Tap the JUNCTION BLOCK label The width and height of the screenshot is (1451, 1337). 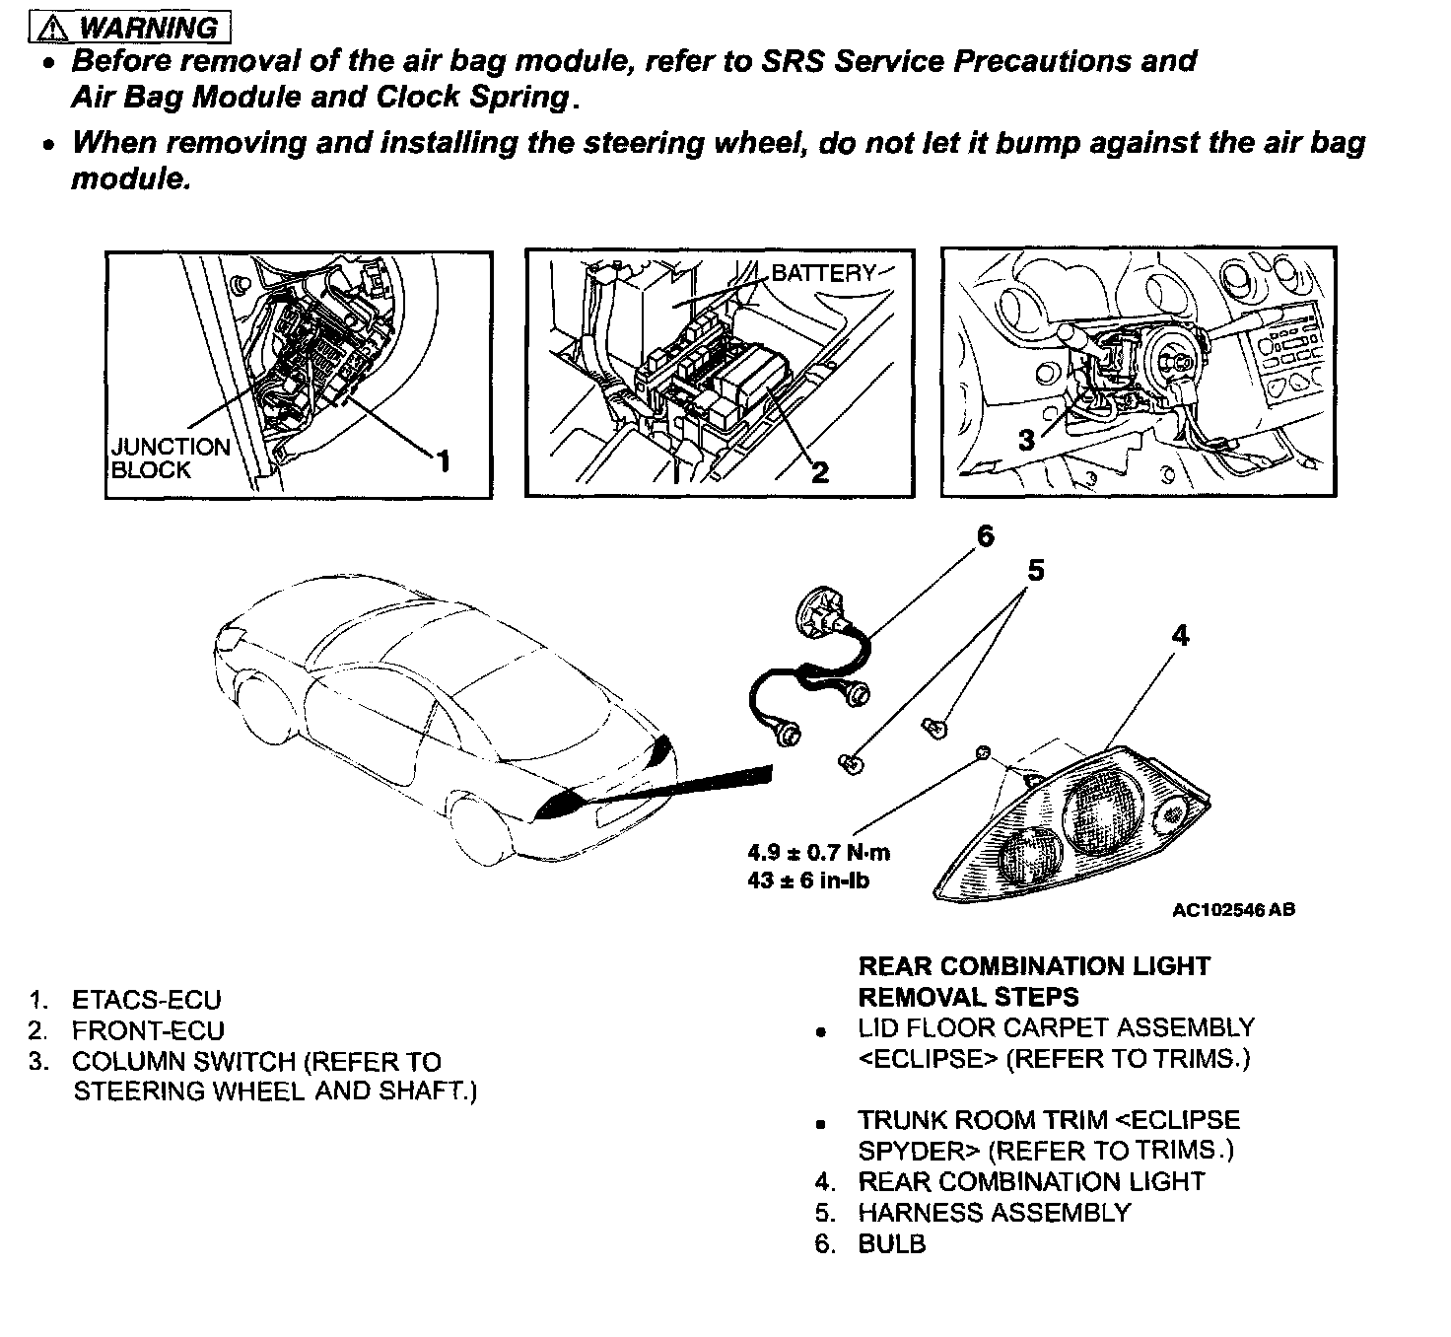[170, 458]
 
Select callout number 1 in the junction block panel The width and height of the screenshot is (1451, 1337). [443, 460]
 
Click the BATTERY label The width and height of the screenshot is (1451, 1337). [823, 273]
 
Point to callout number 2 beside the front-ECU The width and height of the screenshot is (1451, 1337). [819, 472]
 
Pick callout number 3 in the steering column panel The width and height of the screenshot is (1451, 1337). [1026, 441]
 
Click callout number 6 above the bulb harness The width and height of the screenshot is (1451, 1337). [985, 537]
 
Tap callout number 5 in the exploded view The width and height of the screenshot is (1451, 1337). [1035, 571]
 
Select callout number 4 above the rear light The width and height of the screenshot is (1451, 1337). [1180, 635]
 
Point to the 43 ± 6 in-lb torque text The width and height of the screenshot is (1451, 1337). [808, 880]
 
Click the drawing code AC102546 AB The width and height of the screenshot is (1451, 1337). [1233, 910]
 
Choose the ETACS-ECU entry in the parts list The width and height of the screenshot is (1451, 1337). [146, 1000]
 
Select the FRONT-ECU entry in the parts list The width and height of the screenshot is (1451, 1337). [148, 1030]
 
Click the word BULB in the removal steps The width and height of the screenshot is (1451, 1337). [892, 1244]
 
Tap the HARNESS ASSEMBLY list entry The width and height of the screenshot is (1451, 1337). [994, 1213]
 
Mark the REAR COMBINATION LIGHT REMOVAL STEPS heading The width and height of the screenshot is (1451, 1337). [1034, 981]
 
